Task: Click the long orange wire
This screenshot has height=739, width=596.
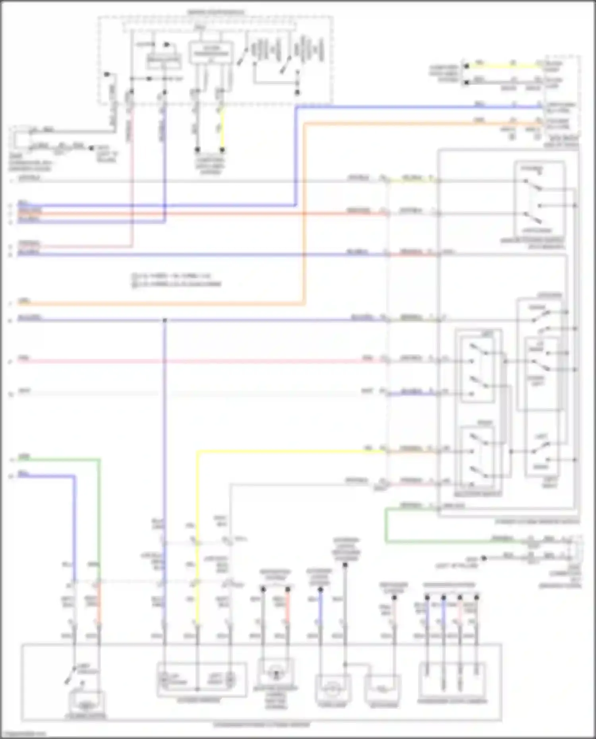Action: click(x=159, y=304)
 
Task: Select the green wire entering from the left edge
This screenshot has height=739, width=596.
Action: click(x=60, y=459)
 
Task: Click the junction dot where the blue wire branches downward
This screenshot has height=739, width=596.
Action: click(x=164, y=320)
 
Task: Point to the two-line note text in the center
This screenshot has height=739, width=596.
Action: click(x=177, y=280)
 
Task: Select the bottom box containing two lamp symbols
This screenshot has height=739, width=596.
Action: click(x=202, y=679)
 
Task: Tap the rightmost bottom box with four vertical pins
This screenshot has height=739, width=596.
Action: click(x=452, y=681)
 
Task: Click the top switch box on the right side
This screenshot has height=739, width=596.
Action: click(x=539, y=199)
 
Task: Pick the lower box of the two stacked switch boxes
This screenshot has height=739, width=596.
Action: click(x=478, y=457)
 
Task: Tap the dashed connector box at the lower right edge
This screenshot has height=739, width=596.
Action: click(x=575, y=549)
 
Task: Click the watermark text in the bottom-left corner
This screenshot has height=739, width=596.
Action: click(x=24, y=734)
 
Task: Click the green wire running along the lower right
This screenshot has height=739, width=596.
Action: click(x=437, y=541)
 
